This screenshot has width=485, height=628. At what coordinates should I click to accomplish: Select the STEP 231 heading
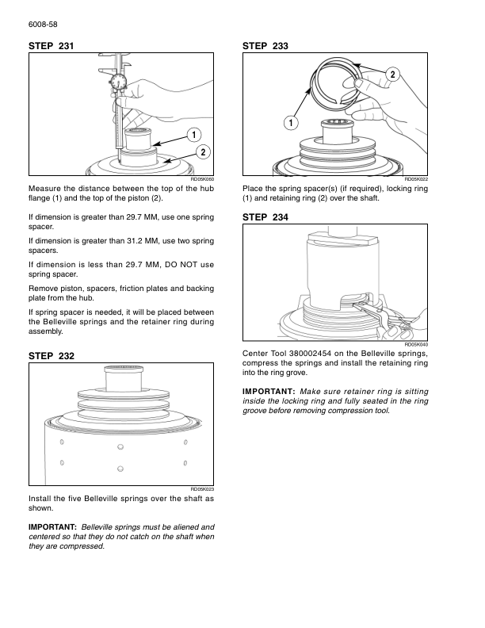pyautogui.click(x=52, y=48)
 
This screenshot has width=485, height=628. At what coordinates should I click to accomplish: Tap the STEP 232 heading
pyautogui.click(x=52, y=357)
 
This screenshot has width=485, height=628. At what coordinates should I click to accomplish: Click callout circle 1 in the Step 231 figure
pyautogui.click(x=194, y=133)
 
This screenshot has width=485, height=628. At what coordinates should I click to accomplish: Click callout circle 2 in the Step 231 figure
pyautogui.click(x=204, y=151)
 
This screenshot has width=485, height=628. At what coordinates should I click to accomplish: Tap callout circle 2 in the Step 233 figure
pyautogui.click(x=392, y=75)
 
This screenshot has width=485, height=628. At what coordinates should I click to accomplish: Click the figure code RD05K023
pyautogui.click(x=203, y=489)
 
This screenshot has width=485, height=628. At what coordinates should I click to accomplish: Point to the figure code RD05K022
pyautogui.click(x=416, y=180)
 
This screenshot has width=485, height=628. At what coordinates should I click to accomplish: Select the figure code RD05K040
pyautogui.click(x=416, y=345)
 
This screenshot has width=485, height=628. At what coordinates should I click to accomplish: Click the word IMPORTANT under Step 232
pyautogui.click(x=52, y=527)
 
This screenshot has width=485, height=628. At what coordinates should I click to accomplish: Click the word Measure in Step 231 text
pyautogui.click(x=44, y=188)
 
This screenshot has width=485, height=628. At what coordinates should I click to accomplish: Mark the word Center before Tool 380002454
pyautogui.click(x=258, y=354)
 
